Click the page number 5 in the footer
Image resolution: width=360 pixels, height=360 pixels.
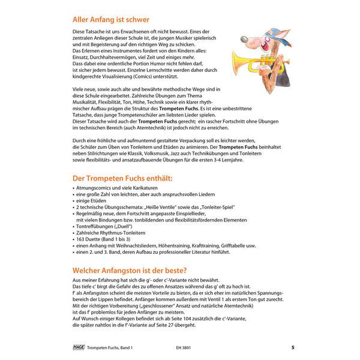pos(292,347)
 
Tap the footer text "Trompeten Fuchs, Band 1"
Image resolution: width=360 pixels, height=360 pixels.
pos(109,347)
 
